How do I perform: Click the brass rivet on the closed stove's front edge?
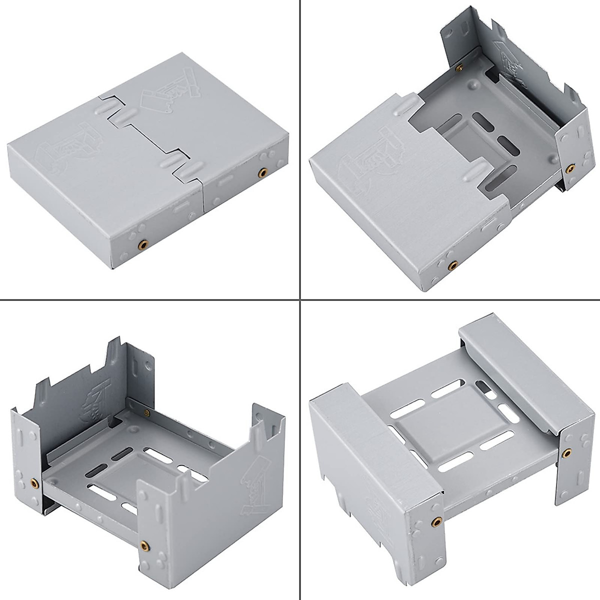143,244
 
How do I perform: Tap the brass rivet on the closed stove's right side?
261,172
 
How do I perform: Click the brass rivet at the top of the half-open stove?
459,66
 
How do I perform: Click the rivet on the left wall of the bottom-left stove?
34,483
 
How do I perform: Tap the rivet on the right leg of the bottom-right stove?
566,453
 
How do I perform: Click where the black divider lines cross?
299,300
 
